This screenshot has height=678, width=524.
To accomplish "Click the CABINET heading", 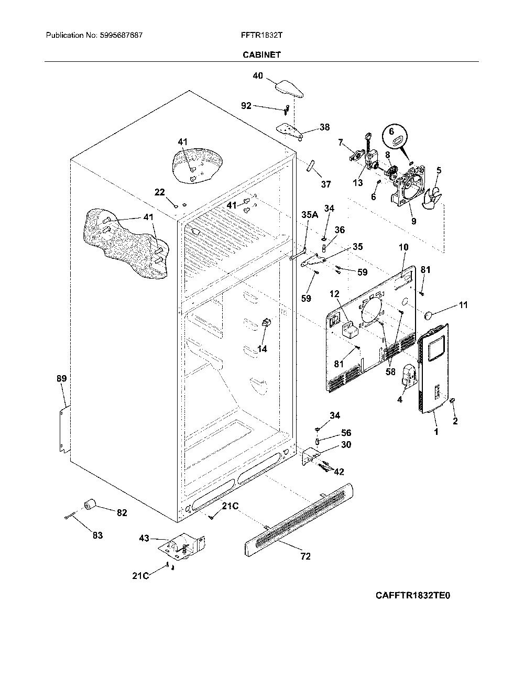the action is point(261,54).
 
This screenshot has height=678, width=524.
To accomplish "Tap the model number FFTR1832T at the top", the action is point(261,35).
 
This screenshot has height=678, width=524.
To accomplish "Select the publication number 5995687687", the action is point(121,35).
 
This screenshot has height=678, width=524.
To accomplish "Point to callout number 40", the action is point(258,75).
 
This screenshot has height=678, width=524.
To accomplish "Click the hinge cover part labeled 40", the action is point(290,89).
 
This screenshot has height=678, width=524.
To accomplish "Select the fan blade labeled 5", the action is point(433,196).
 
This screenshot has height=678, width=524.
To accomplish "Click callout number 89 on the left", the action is point(61,378).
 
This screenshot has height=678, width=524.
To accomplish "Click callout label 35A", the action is point(310,215).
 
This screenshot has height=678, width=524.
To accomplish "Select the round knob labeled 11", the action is point(429,315).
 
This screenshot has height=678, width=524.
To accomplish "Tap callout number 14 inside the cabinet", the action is point(262,349).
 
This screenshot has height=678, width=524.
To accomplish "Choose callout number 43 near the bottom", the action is point(144,538).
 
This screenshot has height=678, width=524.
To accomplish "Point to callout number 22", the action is point(159,192).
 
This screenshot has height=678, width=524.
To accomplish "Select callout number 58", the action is point(390,371).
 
